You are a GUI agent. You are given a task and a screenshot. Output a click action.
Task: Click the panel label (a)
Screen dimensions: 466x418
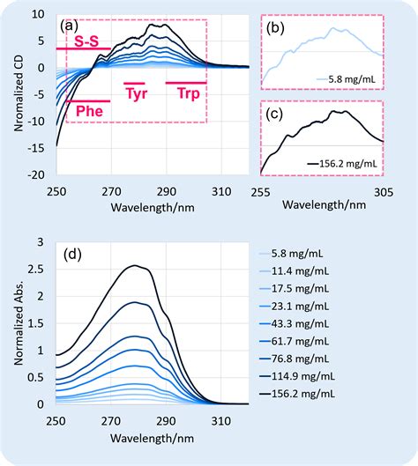[69, 26]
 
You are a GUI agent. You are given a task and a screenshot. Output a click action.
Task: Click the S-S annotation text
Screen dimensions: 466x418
[86, 41]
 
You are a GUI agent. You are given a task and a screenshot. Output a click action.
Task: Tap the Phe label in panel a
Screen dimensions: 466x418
[86, 113]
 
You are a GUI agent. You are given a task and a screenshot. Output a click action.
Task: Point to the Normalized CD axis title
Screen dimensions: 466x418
[19, 93]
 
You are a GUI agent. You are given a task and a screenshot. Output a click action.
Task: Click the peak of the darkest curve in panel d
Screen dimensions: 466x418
[134, 265]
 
